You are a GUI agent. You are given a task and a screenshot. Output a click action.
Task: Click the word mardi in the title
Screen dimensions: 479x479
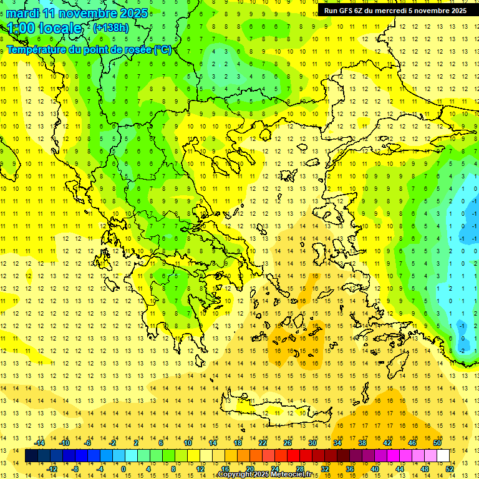pyautogui.click(x=22, y=13)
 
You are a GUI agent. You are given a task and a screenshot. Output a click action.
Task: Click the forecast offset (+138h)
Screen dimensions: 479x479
pyautogui.click(x=110, y=28)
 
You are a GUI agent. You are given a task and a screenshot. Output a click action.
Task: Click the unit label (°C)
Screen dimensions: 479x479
pyautogui.click(x=163, y=49)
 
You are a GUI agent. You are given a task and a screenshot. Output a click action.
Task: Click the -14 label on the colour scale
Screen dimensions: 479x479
pyautogui.click(x=40, y=443)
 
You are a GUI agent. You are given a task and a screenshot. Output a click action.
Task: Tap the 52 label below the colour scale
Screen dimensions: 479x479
pyautogui.click(x=450, y=468)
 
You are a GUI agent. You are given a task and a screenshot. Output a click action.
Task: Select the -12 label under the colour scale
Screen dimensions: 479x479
pyautogui.click(x=52, y=468)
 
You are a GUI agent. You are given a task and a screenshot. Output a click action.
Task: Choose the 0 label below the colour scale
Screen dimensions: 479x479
pyautogui.click(x=123, y=468)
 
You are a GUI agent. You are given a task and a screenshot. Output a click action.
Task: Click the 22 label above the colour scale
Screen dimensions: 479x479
pyautogui.click(x=263, y=443)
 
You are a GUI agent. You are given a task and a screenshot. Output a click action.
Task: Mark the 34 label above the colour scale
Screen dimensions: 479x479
pyautogui.click(x=337, y=443)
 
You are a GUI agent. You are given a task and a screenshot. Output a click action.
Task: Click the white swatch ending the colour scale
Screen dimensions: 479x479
pyautogui.click(x=443, y=456)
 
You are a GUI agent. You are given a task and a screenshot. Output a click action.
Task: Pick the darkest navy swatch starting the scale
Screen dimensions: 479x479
pyautogui.click(x=31, y=456)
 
